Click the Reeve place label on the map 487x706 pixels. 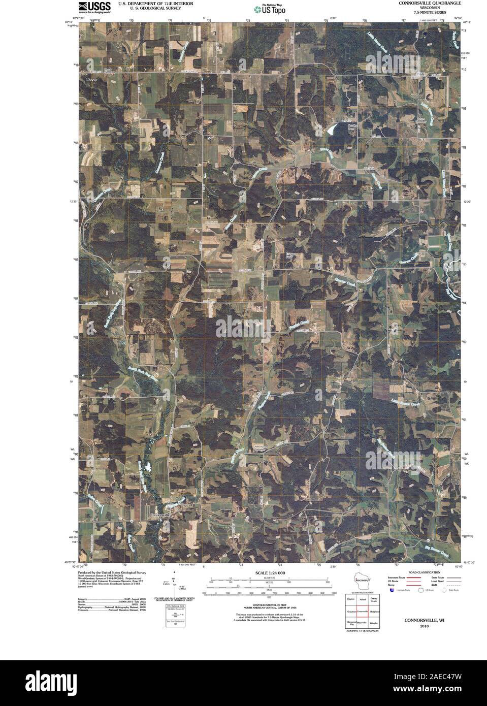91,80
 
